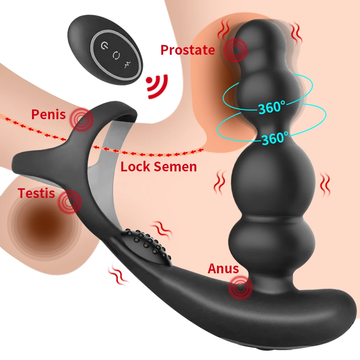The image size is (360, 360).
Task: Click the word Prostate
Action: click(x=187, y=50)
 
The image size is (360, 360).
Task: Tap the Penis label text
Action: click(x=49, y=114)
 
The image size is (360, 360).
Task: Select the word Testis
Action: click(x=36, y=193)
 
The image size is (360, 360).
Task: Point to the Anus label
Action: click(x=223, y=269)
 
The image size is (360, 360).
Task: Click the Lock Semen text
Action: click(x=158, y=167)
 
